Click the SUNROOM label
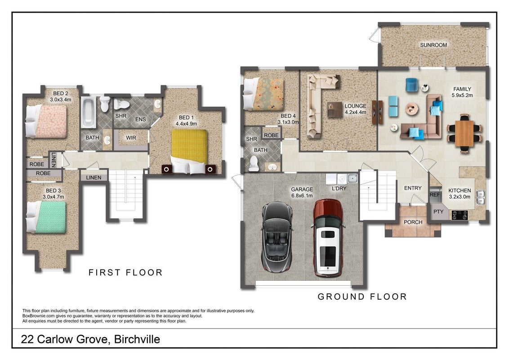coord(433,45)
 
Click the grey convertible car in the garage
coord(277,237)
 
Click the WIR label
coord(131,138)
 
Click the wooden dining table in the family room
coord(464,133)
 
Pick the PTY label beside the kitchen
coord(438,211)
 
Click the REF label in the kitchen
coord(435,194)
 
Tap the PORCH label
coord(413,222)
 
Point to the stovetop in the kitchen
coord(460,215)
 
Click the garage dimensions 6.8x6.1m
coord(302,196)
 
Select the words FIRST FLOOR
coord(125,272)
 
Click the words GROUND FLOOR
coord(362,296)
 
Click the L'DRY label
coord(339,189)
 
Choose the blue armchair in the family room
coord(411,85)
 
